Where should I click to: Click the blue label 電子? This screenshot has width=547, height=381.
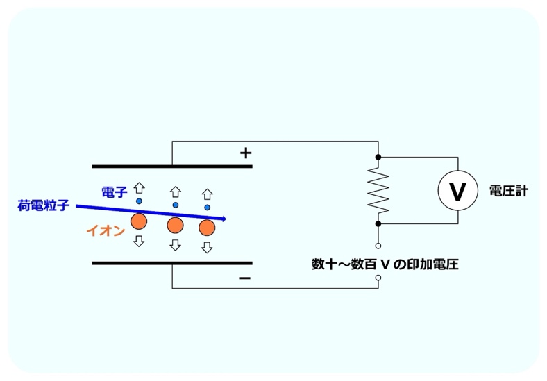[x=114, y=192]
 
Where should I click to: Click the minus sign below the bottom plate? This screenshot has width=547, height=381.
[x=244, y=278]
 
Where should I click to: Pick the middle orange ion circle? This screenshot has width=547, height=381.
[x=175, y=225]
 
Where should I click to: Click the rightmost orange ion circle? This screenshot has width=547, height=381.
[x=207, y=228]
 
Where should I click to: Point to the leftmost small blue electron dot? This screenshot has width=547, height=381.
[x=139, y=201]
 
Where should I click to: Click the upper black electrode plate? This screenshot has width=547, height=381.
[x=171, y=167]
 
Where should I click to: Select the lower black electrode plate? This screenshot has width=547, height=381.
[x=171, y=263]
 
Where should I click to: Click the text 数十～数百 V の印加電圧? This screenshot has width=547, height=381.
[x=385, y=264]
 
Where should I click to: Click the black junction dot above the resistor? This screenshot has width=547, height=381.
[x=378, y=157]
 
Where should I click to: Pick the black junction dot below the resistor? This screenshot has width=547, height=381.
[x=378, y=223]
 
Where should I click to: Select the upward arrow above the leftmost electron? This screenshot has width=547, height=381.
[x=139, y=187]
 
